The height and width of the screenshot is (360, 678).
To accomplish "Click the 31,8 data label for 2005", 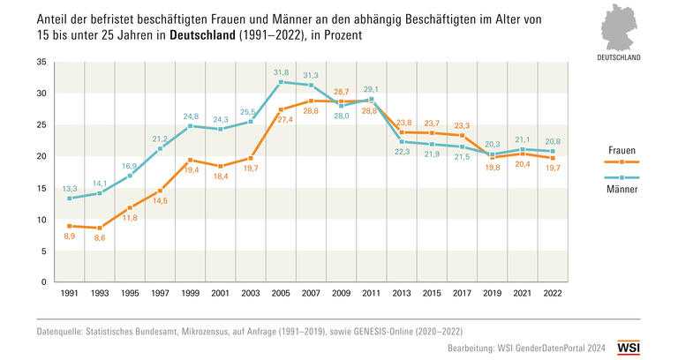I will [281, 71].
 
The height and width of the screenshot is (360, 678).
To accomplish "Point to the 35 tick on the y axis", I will [41, 63].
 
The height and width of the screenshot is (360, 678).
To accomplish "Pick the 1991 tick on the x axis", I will [69, 292].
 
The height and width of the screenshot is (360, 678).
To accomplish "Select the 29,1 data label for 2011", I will [372, 89].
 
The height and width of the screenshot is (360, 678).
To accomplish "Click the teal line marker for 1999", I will [189, 126].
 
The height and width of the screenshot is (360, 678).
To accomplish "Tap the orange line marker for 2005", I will [280, 109].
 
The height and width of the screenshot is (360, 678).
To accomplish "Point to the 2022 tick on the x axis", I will [553, 292].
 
